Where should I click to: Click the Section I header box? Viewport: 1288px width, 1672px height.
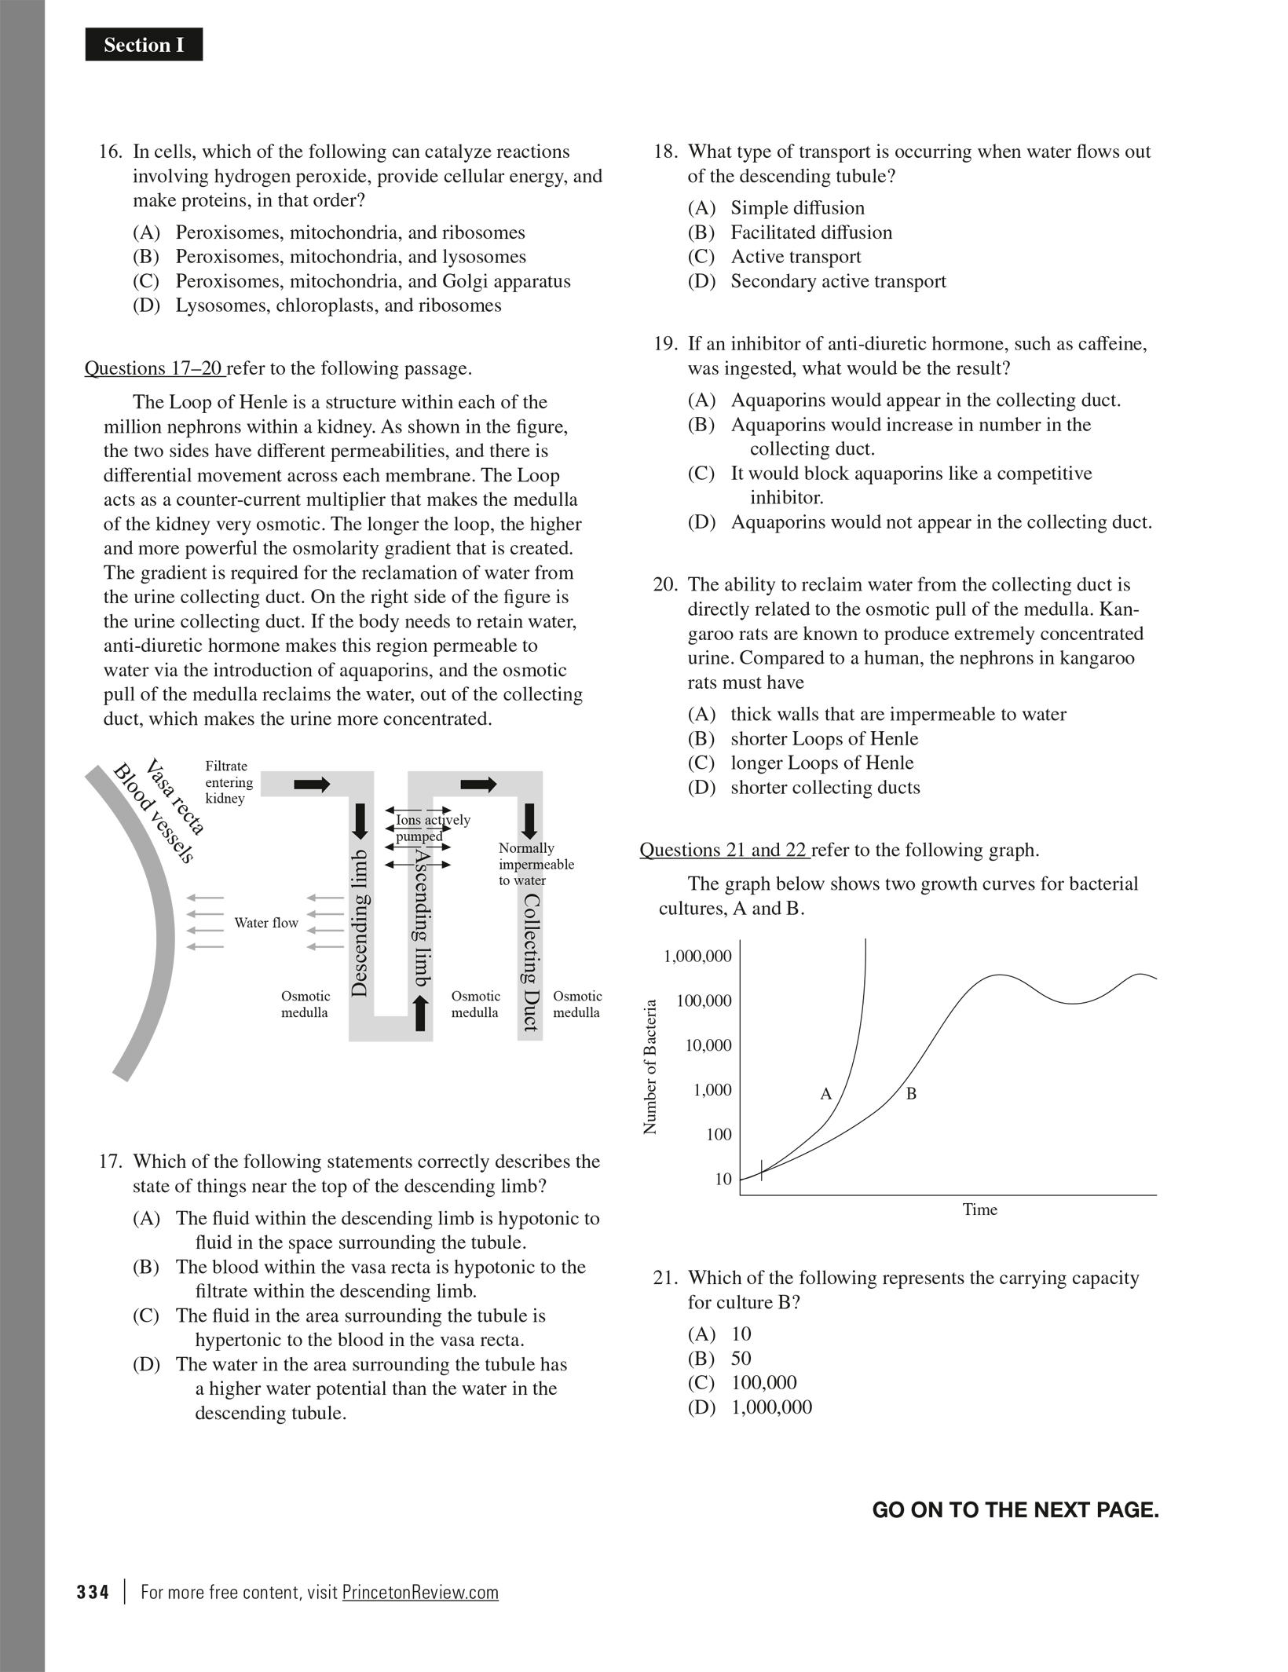[x=144, y=45]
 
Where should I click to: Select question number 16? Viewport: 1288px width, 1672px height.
[x=110, y=152]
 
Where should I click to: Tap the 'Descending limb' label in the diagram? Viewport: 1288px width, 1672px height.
[x=359, y=923]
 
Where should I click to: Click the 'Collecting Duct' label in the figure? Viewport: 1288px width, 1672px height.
[x=531, y=962]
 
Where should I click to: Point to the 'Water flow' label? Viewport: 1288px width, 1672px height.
[x=266, y=923]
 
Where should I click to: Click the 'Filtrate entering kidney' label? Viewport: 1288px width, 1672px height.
[x=229, y=782]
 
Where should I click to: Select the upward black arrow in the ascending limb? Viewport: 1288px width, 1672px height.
[x=421, y=1012]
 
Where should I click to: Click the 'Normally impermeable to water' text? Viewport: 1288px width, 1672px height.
[x=536, y=864]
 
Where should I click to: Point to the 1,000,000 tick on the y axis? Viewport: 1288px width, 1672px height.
[x=697, y=957]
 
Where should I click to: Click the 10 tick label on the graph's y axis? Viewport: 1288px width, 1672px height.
[x=723, y=1179]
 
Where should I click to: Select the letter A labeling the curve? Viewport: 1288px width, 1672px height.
[x=825, y=1094]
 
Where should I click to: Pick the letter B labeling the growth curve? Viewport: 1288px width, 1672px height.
[x=911, y=1093]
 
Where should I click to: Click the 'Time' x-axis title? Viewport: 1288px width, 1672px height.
[x=979, y=1209]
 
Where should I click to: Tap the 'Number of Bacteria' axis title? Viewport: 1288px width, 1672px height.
[x=650, y=1067]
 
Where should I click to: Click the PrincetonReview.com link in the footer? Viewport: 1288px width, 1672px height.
[x=420, y=1593]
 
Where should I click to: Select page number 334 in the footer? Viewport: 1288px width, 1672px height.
[x=93, y=1593]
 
